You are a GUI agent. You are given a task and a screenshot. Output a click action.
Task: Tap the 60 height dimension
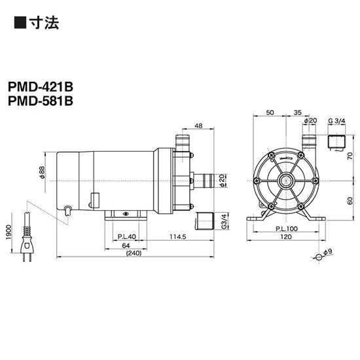pos(350,201)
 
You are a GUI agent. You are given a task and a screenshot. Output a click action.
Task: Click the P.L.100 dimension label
pos(285,228)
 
